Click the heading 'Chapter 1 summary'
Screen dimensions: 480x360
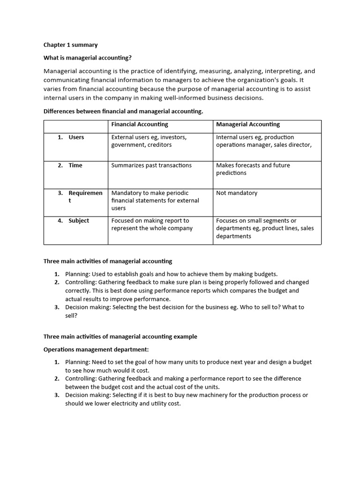pyautogui.click(x=70, y=45)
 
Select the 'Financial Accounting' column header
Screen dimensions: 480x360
pyautogui.click(x=139, y=124)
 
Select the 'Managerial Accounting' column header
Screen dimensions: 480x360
pyautogui.click(x=247, y=124)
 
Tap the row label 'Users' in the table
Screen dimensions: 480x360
pyautogui.click(x=76, y=137)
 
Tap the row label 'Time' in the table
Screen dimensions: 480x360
pyautogui.click(x=75, y=165)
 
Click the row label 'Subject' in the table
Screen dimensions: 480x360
pyautogui.click(x=78, y=220)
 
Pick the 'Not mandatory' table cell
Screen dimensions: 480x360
pyautogui.click(x=236, y=193)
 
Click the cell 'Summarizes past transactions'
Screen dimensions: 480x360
pyautogui.click(x=151, y=165)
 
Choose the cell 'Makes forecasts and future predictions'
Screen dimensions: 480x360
pyautogui.click(x=253, y=169)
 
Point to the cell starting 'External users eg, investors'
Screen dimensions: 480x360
pyautogui.click(x=149, y=141)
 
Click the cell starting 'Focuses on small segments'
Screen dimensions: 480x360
pyautogui.click(x=264, y=228)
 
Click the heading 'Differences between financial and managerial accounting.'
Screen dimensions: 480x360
pyautogui.click(x=123, y=111)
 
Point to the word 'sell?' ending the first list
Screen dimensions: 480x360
pyautogui.click(x=71, y=315)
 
